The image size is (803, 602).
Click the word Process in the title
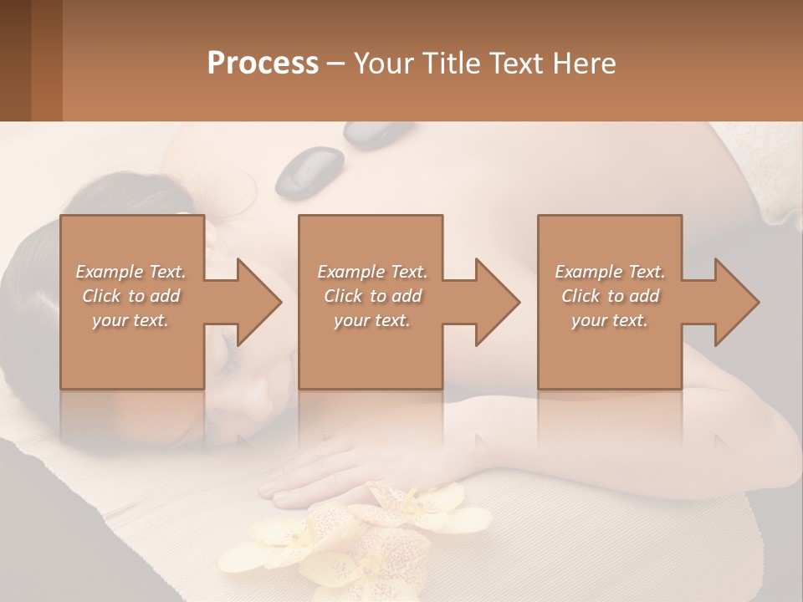263,63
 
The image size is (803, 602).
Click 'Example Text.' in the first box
130,272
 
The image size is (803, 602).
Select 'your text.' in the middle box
371,320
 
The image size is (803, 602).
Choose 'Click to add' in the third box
610,296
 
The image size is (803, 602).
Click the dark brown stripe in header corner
15,60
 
